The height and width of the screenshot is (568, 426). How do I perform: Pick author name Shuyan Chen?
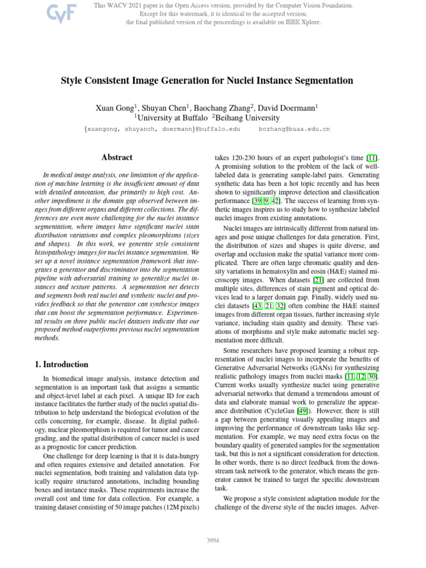pos(166,107)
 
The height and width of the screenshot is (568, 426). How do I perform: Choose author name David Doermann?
pos(288,107)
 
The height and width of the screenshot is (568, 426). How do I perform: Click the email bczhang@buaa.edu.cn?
pos(295,129)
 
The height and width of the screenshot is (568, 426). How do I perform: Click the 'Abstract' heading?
pos(116,158)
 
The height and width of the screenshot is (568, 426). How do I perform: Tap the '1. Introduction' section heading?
pos(58,364)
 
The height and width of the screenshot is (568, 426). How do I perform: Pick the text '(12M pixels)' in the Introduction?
pos(181,507)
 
